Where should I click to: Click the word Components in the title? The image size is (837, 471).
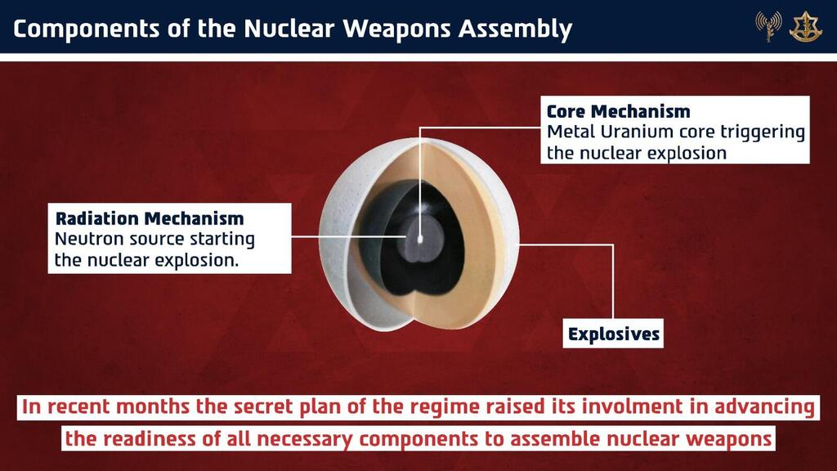coord(86,29)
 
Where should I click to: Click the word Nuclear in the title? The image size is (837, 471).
coord(290,29)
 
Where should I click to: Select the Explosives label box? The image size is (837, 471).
coord(613,334)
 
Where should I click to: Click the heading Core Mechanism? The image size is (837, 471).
coord(618,111)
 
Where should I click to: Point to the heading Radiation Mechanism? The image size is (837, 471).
coord(150,218)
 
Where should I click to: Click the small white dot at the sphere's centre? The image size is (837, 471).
coord(419,239)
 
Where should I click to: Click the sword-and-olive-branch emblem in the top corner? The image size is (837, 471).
coord(805,26)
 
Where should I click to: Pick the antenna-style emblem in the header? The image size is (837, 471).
coord(768,26)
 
